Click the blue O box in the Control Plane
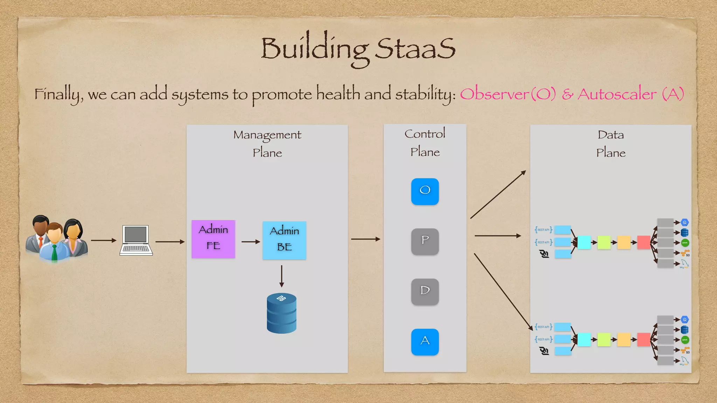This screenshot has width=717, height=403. (425, 191)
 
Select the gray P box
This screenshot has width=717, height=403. (425, 241)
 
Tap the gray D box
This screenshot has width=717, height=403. (425, 292)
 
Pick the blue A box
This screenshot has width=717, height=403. (425, 342)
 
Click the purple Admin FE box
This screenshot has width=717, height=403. (213, 239)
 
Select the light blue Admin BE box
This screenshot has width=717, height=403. (284, 240)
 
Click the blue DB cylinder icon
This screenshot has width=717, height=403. (281, 313)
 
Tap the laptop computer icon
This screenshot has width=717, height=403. (136, 240)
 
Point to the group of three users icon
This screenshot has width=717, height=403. (56, 239)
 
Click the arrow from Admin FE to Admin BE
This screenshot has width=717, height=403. (251, 241)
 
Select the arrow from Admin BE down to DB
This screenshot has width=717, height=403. (281, 276)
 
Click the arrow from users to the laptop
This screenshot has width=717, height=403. (103, 240)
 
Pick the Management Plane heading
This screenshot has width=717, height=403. (267, 143)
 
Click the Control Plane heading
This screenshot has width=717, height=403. (425, 143)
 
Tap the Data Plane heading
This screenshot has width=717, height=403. (611, 143)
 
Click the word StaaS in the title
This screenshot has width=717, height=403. (415, 49)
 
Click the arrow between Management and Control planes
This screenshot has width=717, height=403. (365, 239)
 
